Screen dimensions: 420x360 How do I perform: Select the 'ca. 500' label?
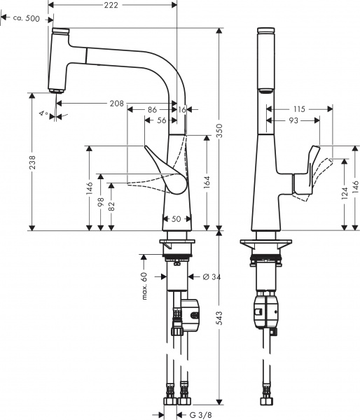(25, 18)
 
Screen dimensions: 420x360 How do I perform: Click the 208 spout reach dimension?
(117, 104)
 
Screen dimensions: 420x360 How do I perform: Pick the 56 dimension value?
(162, 120)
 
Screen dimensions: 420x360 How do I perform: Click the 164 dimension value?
(207, 184)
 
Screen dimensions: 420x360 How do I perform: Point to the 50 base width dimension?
(176, 219)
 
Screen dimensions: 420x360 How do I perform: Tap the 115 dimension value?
(300, 109)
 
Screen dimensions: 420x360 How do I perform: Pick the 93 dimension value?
(292, 120)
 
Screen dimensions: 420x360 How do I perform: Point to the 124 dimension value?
(345, 193)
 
